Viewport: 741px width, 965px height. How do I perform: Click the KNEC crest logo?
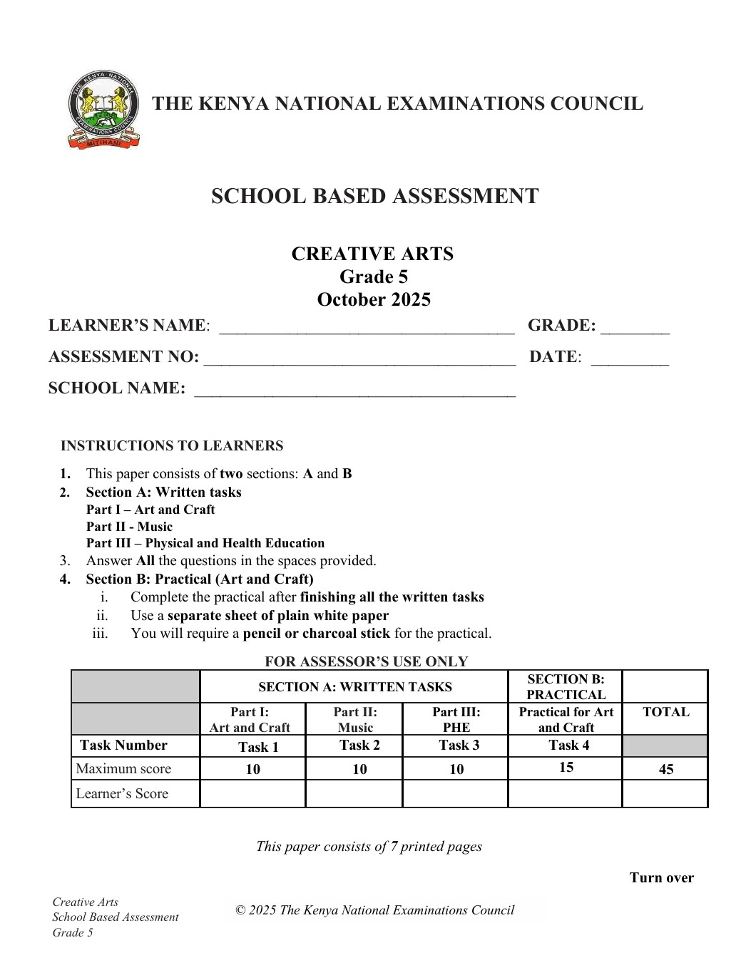[x=103, y=109]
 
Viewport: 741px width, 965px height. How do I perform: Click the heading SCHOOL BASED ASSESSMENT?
[x=374, y=196]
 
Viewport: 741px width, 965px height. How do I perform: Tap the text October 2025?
[x=374, y=299]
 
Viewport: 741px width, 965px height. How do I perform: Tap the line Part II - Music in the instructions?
[x=129, y=527]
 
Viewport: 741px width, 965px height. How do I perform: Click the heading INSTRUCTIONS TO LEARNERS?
[x=172, y=446]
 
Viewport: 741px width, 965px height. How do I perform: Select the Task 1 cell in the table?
[x=252, y=747]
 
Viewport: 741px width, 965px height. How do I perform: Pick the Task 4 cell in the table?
[x=565, y=745]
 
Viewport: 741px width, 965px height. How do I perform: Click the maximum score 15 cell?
[x=565, y=768]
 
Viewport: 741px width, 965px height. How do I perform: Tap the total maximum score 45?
[x=665, y=769]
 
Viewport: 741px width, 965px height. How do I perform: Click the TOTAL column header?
[x=665, y=712]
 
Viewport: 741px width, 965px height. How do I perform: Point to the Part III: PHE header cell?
[x=456, y=720]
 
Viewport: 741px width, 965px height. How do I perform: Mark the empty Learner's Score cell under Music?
[x=354, y=793]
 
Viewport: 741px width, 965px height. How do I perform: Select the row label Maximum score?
[x=123, y=768]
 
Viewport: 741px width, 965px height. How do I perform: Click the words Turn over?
[x=661, y=878]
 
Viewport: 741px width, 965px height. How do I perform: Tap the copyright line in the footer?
[x=374, y=910]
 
